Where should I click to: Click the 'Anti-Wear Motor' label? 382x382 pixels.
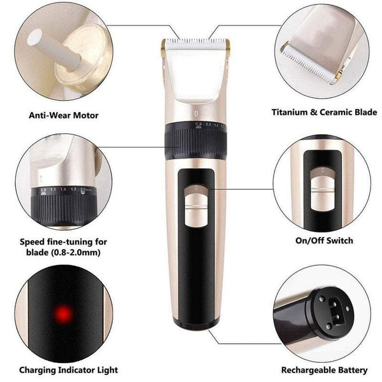[x=64, y=116]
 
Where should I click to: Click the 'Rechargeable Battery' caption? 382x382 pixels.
[x=324, y=369]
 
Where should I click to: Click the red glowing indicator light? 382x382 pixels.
[x=63, y=313]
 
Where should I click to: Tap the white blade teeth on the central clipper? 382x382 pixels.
[x=194, y=46]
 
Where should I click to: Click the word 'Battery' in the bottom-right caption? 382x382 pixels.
[x=351, y=369]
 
